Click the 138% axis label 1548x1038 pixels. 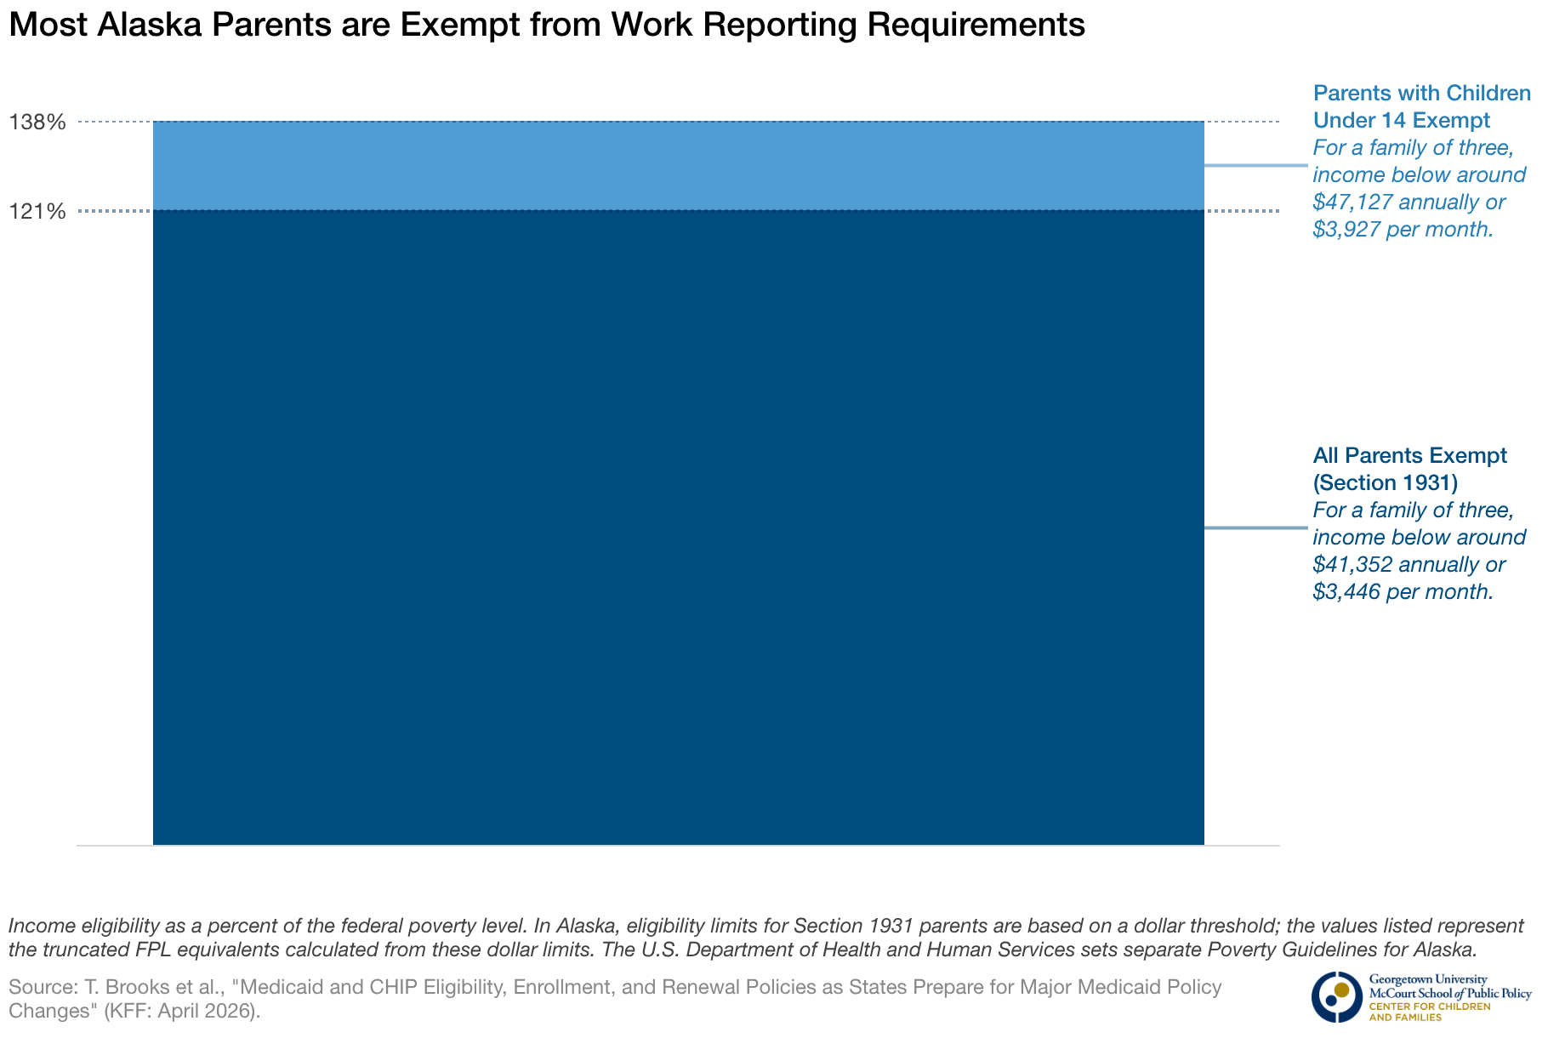[x=37, y=123]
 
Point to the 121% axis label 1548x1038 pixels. [x=37, y=211]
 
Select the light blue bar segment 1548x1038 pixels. [x=678, y=166]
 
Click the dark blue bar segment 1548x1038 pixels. [x=678, y=528]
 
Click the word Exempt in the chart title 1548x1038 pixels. [x=456, y=26]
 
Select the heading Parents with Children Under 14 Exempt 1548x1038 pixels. [x=1421, y=106]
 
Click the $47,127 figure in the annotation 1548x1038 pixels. [x=1352, y=202]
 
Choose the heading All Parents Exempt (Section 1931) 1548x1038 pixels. [x=1409, y=469]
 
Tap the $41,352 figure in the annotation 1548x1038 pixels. [x=1352, y=565]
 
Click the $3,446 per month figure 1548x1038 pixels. [x=1403, y=592]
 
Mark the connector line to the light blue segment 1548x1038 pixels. [x=1255, y=165]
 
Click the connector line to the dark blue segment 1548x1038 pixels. [x=1255, y=528]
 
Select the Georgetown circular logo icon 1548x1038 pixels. [x=1336, y=996]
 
